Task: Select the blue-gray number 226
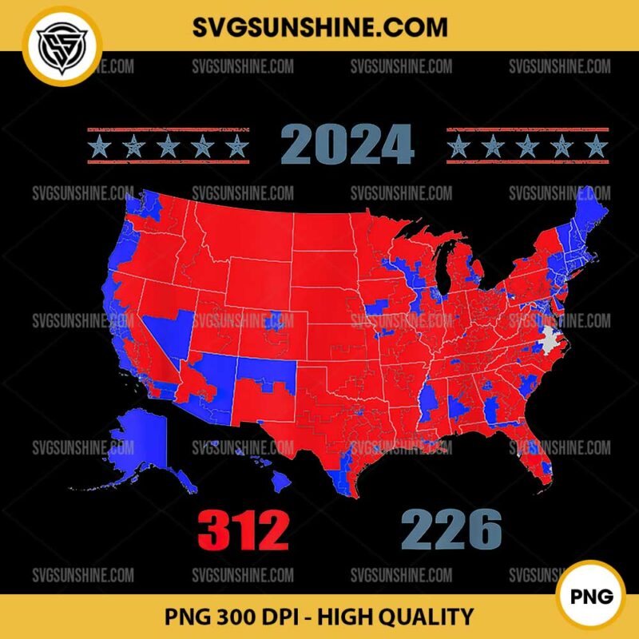coord(451,529)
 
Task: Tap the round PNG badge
coord(597,596)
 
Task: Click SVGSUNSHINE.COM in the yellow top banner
coord(319,26)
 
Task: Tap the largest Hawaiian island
coord(280,480)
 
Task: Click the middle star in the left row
coord(168,146)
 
